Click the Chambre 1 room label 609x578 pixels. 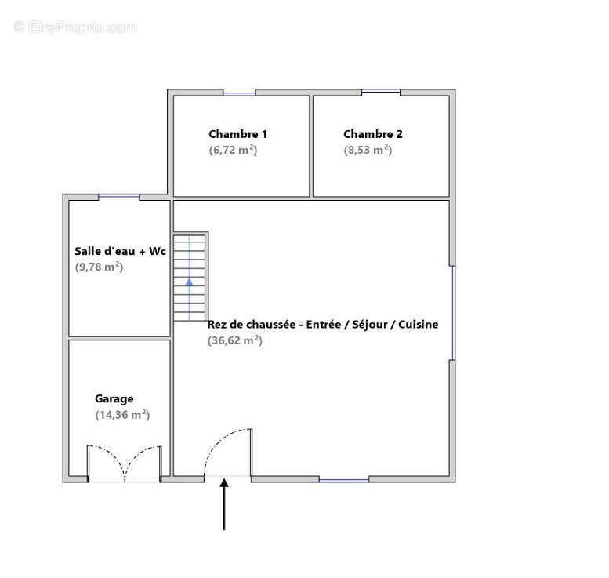(x=237, y=134)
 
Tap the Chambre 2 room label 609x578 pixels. (x=373, y=134)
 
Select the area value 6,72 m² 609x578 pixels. (x=233, y=150)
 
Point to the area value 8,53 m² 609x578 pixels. (x=368, y=150)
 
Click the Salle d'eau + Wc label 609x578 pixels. (x=119, y=251)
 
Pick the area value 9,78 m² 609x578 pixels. (x=99, y=267)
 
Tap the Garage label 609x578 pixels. (x=114, y=398)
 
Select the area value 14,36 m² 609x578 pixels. (x=122, y=415)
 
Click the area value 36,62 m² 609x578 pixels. (x=235, y=340)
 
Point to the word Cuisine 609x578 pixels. (x=419, y=324)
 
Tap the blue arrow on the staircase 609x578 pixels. (x=189, y=281)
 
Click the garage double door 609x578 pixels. (x=125, y=463)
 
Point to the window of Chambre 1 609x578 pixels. (x=239, y=93)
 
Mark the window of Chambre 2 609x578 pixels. (x=381, y=92)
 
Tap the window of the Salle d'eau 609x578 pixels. (x=119, y=196)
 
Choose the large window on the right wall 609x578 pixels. (x=452, y=312)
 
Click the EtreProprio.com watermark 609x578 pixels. (x=75, y=27)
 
